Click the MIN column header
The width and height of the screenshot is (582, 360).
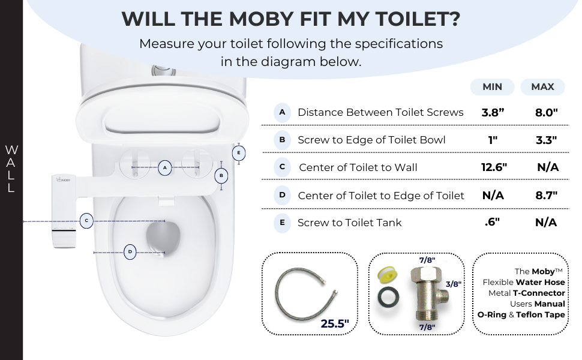(492, 87)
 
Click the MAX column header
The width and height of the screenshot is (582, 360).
(542, 87)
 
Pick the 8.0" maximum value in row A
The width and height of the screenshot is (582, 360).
(546, 112)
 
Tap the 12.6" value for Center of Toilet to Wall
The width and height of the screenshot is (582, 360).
(494, 167)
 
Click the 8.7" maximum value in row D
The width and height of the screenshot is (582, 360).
(546, 195)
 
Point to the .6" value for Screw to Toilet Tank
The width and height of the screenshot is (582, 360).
(492, 223)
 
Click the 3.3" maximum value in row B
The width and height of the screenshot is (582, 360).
(546, 140)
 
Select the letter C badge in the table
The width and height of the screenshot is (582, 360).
(282, 167)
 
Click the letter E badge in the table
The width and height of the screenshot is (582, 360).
(282, 223)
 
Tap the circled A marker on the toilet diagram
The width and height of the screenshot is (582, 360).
(166, 167)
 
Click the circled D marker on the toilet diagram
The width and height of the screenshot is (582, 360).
(130, 252)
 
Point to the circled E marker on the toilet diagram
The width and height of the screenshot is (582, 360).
(239, 153)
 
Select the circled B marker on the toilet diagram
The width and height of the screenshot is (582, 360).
(221, 176)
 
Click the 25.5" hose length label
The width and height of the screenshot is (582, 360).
(334, 324)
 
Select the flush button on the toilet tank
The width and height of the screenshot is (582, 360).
(160, 71)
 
